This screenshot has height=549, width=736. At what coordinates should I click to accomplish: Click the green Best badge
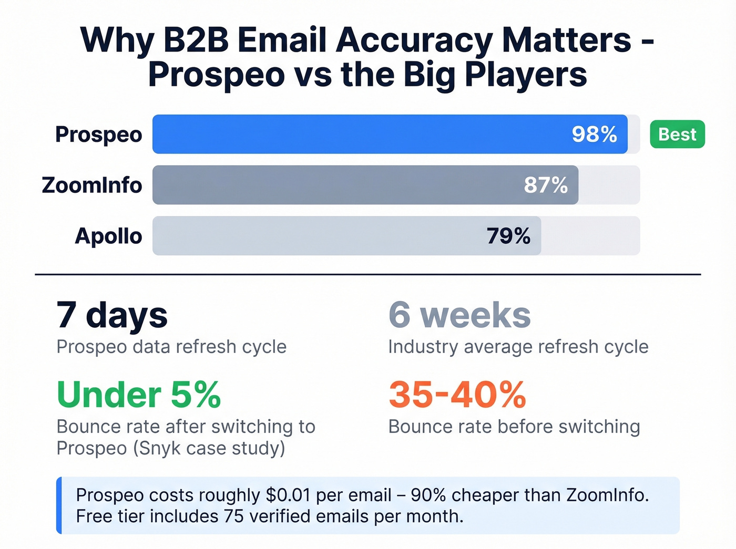677,134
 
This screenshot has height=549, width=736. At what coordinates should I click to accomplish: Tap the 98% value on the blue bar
594,134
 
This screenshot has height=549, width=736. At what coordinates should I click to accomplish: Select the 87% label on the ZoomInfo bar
546,185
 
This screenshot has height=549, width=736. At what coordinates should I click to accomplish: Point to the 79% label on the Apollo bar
508,236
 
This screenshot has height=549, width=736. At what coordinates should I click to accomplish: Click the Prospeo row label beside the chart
98,134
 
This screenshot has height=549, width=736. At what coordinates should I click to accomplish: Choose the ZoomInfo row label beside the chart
92,185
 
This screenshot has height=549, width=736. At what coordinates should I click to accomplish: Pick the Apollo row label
108,236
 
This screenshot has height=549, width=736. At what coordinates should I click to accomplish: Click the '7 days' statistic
111,315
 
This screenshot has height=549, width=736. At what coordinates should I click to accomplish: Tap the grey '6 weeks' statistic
459,315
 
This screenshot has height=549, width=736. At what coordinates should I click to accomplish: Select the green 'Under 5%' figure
139,395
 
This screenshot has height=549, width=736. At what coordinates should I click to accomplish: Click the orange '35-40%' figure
457,395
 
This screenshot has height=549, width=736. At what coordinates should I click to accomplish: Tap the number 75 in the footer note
234,516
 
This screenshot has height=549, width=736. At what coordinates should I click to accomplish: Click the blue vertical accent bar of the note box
59,505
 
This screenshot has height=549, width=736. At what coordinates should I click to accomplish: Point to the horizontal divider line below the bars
368,274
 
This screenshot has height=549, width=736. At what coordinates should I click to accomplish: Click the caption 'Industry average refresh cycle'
518,347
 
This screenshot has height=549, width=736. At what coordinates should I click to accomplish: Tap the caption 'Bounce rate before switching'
514,427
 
